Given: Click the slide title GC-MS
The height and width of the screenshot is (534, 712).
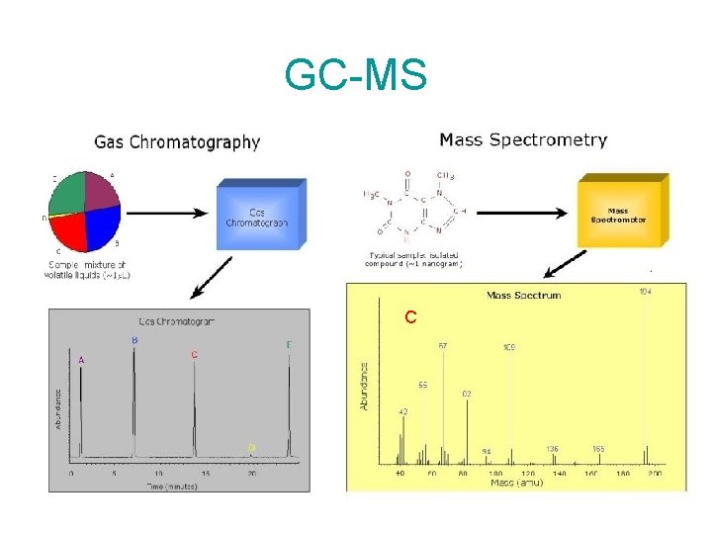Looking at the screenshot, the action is (x=355, y=75).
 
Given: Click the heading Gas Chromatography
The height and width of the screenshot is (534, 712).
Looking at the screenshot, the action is (x=177, y=142).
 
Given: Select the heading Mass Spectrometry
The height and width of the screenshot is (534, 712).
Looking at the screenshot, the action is (x=523, y=140).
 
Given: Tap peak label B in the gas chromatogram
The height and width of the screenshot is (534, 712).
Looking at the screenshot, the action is (x=134, y=340).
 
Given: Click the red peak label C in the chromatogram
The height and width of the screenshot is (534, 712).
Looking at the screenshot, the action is (x=194, y=354).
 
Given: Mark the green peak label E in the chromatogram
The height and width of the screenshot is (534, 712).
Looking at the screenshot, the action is (x=289, y=345).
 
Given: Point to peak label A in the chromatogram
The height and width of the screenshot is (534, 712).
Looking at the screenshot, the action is (x=81, y=360).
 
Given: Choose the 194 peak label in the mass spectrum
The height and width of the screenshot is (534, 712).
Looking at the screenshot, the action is (x=645, y=292).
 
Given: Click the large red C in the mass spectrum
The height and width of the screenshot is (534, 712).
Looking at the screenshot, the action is (x=409, y=317).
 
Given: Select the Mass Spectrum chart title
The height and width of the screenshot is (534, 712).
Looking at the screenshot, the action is (x=523, y=295).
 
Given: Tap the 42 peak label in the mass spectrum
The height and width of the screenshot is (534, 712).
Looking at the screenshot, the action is (x=403, y=410).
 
